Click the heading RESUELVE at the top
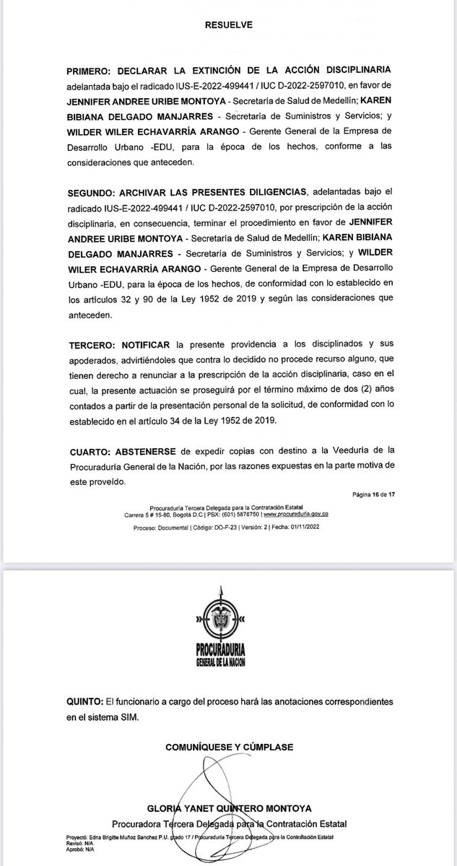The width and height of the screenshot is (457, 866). click(x=227, y=24)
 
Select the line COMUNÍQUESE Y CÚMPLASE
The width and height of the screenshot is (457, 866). click(x=227, y=747)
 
